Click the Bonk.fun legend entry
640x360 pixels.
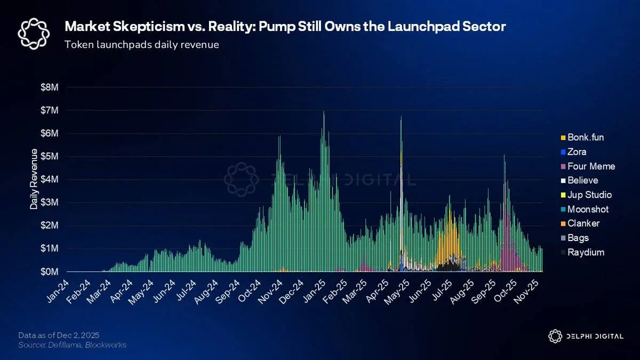[x=585, y=138]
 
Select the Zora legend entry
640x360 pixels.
[x=577, y=152]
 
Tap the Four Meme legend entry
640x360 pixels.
[x=591, y=166]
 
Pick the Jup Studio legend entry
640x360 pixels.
[x=589, y=195]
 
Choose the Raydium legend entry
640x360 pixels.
[x=586, y=252]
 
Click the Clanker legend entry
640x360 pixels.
[x=583, y=223]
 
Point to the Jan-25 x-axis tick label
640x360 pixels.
[x=314, y=290]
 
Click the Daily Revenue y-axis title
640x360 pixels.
[x=34, y=179]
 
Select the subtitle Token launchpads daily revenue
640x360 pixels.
[x=141, y=45]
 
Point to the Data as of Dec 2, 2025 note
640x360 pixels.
[x=59, y=335]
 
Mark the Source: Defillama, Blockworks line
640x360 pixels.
[x=72, y=345]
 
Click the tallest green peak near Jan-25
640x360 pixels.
[x=324, y=113]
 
